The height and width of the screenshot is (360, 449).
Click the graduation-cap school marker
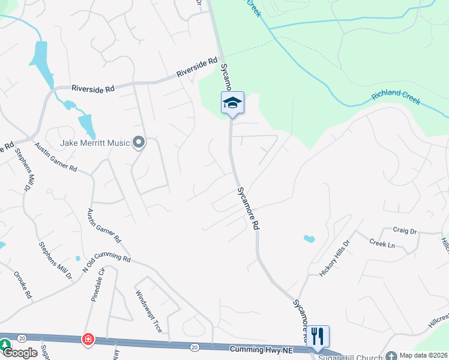(232, 103)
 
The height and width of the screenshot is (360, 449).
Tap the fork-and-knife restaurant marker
(318, 336)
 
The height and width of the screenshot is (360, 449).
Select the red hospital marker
(88, 340)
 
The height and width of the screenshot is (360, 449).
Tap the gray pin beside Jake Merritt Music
(139, 143)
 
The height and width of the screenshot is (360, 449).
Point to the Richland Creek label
(396, 98)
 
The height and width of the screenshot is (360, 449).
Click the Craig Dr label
(405, 230)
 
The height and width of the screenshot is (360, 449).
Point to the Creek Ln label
(382, 244)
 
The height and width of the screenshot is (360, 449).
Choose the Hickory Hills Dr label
(334, 258)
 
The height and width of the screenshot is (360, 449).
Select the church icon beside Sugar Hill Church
(391, 356)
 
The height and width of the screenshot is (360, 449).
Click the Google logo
(19, 353)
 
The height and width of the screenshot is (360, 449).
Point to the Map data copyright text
(423, 355)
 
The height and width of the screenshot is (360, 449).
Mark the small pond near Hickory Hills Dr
(309, 239)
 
